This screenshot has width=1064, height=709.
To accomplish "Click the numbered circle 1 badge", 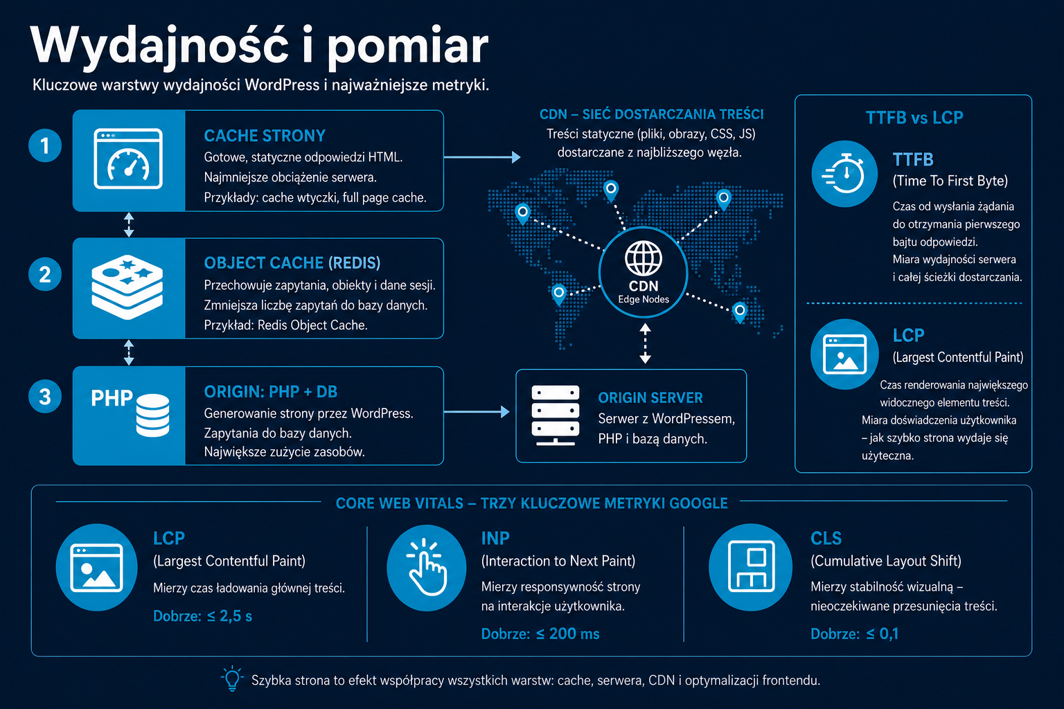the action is pos(45,146).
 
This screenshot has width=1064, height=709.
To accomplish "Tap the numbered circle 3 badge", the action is pos(45,397).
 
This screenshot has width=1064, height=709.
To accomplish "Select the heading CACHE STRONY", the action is pos(265,136).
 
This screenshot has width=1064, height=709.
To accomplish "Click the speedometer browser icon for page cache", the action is pos(128,159).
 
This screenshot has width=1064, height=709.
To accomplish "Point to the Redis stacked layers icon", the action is pos(127,287).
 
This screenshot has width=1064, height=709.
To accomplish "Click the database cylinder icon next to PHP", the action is pos(152,415).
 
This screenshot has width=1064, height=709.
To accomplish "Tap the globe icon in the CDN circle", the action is pos(644,258).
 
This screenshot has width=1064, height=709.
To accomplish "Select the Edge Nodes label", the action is pos(644,299).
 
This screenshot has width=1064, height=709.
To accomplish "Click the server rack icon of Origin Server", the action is pos(556,415).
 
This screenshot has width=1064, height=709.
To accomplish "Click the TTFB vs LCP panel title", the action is pos(914,118).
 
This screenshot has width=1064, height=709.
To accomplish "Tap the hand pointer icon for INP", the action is pos(427,567).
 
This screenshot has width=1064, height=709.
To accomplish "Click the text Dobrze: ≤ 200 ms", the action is pos(540,634).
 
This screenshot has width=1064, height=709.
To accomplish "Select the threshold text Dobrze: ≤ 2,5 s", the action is pos(202,616).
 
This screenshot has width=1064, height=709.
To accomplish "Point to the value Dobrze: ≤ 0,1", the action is pos(855,634).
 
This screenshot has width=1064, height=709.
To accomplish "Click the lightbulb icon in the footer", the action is pos(232,679).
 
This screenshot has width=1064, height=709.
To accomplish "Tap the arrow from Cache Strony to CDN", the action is pos(482,157).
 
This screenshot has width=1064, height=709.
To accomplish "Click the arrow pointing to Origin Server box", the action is pos(477,412).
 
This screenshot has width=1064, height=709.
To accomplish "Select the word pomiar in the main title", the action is pos(408,46).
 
